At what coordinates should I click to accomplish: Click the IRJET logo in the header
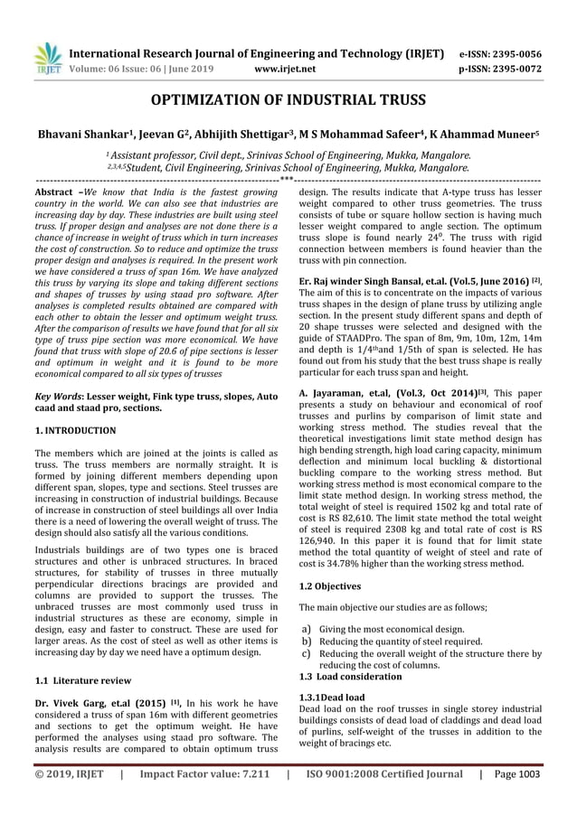46,59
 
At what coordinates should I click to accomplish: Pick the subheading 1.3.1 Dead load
332,698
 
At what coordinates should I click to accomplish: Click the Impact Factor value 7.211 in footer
193,774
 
